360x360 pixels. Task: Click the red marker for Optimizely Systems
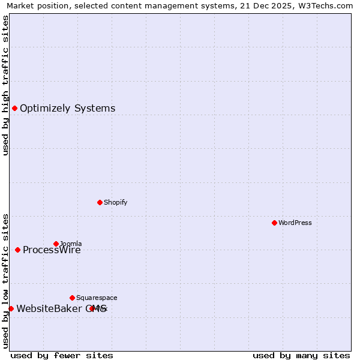coord(14,108)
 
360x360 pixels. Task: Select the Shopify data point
coord(100,202)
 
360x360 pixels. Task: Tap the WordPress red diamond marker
coord(274,223)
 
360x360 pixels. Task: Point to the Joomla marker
coord(56,244)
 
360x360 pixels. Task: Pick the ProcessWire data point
coord(17,250)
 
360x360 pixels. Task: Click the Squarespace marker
coord(72,298)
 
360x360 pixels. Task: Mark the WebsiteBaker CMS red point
coord(11,308)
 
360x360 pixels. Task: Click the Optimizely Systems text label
coord(67,109)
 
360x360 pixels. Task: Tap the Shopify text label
coord(115,202)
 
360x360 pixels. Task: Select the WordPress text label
coord(295,223)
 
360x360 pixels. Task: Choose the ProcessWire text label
coord(52,250)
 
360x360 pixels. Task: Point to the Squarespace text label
coord(97,298)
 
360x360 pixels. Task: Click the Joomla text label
coord(71,244)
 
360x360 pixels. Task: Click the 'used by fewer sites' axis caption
coord(62,355)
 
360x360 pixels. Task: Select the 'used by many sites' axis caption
coord(301,355)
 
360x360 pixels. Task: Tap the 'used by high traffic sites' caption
coord(5,85)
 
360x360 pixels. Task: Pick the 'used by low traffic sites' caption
coord(5,280)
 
